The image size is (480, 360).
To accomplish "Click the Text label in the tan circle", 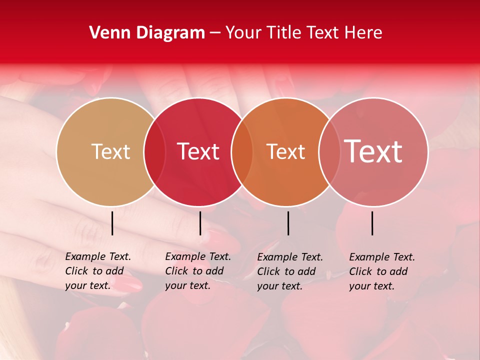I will coord(110,151).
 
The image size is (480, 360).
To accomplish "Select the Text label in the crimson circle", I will coord(198,151).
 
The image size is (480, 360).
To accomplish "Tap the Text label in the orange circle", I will coord(285,151).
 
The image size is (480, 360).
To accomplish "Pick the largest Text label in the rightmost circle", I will coord(373,151).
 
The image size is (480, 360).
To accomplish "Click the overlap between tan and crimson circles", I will coord(154,151).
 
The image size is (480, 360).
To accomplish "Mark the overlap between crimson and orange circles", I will coord(242,151).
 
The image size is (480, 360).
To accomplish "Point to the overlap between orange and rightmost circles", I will coord(329,151).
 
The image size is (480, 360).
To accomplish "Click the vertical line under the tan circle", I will coord(112,223).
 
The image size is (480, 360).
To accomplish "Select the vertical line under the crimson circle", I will coord(200,223).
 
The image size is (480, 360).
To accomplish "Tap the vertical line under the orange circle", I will coord(288,223).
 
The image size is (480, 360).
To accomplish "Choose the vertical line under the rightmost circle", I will coord(372,223).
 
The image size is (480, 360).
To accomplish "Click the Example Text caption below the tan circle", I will coord(98,271).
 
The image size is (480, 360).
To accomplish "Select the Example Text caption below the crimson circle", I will coord(198,271).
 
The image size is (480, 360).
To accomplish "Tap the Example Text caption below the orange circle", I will coord(290,271).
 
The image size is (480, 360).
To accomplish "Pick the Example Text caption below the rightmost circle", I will coord(382,271).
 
